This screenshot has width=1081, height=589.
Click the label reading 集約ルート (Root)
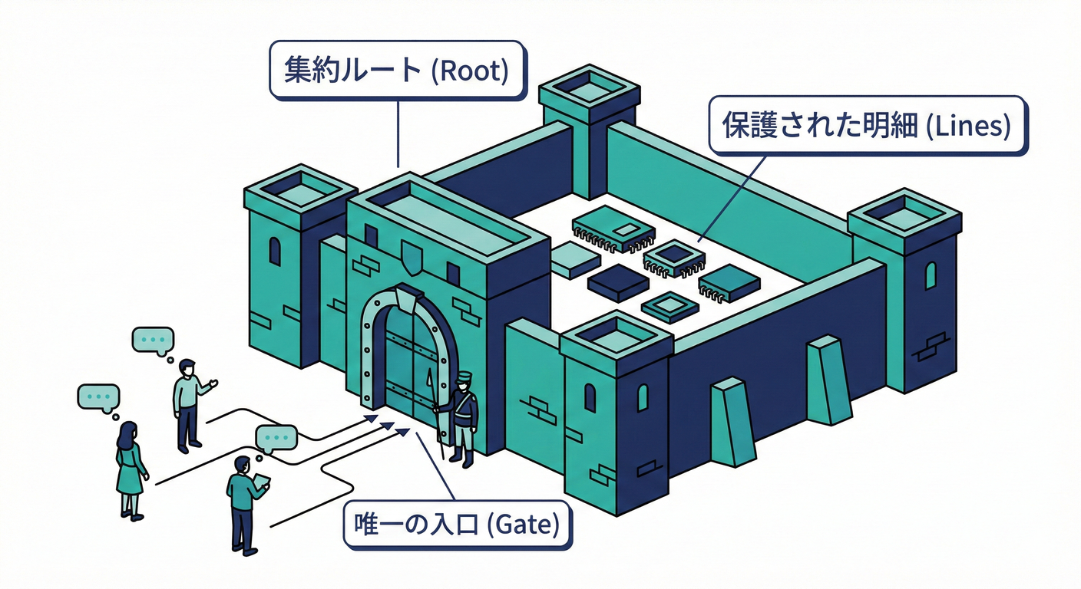pos(396,71)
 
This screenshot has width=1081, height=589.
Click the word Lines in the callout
pos(967,127)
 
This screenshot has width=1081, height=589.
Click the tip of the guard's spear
pos(428,374)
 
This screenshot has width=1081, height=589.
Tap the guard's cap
pos(463,377)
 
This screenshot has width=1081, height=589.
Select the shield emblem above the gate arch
pos(412,258)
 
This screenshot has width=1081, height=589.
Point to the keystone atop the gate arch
pos(407,298)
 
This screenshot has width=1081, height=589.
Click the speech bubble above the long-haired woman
pos(99,398)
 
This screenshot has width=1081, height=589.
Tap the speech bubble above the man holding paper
pos(276,438)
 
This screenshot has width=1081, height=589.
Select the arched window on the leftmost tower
pos(274,251)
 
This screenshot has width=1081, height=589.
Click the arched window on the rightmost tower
pos(931,275)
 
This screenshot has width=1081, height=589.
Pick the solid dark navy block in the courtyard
pos(617,282)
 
